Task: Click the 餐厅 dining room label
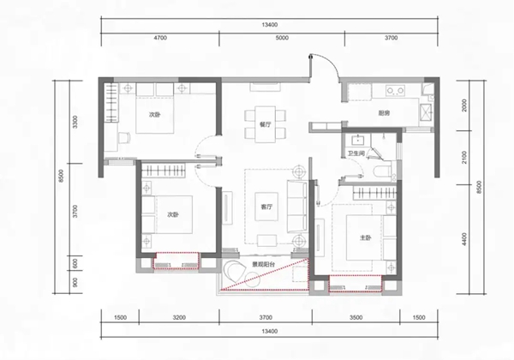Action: (266, 124)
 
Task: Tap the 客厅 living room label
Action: (266, 207)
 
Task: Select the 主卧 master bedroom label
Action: (366, 237)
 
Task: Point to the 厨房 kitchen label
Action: (384, 113)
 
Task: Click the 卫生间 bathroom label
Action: (356, 153)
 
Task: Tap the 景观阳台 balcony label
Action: (263, 264)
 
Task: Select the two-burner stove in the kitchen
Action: (395, 91)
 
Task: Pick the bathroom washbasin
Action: (357, 141)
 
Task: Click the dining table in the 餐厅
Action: (266, 124)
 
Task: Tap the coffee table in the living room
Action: (266, 207)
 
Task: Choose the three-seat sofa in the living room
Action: (297, 207)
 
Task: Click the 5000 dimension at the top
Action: (282, 38)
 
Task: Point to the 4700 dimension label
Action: (160, 38)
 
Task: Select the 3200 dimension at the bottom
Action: (179, 317)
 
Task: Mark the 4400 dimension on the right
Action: (463, 239)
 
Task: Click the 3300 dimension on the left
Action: (75, 122)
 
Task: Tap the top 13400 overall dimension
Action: (270, 25)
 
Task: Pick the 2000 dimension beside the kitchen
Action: (463, 105)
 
